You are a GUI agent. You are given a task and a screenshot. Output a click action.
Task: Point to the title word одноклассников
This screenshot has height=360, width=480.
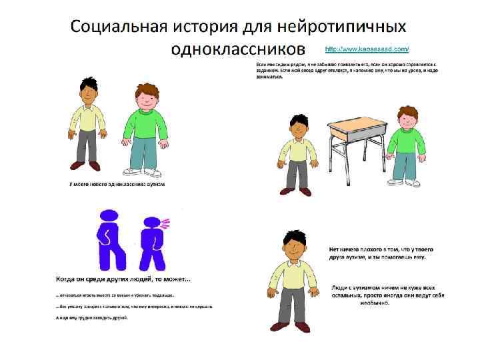237,50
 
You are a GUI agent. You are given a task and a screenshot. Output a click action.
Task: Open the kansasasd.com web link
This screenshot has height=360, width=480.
367,49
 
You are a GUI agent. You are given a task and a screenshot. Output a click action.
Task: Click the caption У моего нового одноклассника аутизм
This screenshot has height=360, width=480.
117,183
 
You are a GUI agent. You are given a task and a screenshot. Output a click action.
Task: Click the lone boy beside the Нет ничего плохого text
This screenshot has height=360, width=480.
292,280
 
